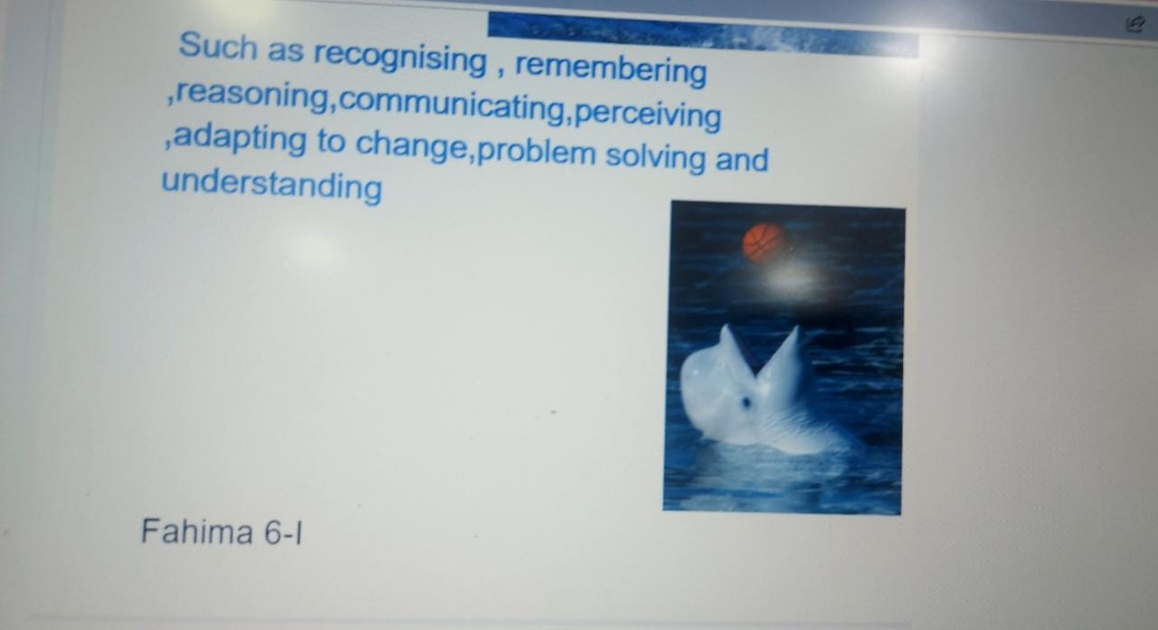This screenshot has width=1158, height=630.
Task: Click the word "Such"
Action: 218,45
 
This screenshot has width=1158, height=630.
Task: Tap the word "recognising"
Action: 400,59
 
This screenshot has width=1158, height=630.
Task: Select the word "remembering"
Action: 611,69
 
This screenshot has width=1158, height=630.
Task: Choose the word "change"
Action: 412,146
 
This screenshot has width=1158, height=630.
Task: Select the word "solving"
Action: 655,157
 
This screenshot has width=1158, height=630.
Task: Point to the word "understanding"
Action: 272,185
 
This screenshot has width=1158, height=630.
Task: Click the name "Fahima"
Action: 197,531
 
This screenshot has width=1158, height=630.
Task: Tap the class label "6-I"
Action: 283,532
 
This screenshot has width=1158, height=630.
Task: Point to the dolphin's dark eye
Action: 746,401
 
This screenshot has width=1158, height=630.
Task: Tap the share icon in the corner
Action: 1135,24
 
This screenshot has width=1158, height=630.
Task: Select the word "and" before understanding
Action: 742,159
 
